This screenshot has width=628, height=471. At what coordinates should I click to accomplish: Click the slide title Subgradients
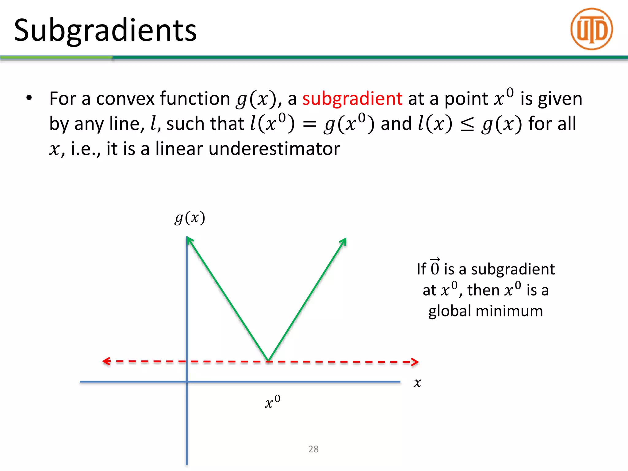point(105,30)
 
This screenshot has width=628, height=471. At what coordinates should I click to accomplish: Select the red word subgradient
point(352,99)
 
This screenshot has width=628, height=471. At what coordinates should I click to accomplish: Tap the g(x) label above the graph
point(190,218)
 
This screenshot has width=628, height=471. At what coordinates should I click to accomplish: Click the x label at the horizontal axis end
point(417,383)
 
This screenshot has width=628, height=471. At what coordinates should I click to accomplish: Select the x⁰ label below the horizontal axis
point(272,402)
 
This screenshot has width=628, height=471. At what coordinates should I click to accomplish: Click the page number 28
point(313,449)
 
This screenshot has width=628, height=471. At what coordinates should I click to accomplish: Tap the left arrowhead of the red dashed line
point(105,361)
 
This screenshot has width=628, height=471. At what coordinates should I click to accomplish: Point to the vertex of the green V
point(268,360)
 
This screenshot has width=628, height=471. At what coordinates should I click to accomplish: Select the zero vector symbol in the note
point(435,267)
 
